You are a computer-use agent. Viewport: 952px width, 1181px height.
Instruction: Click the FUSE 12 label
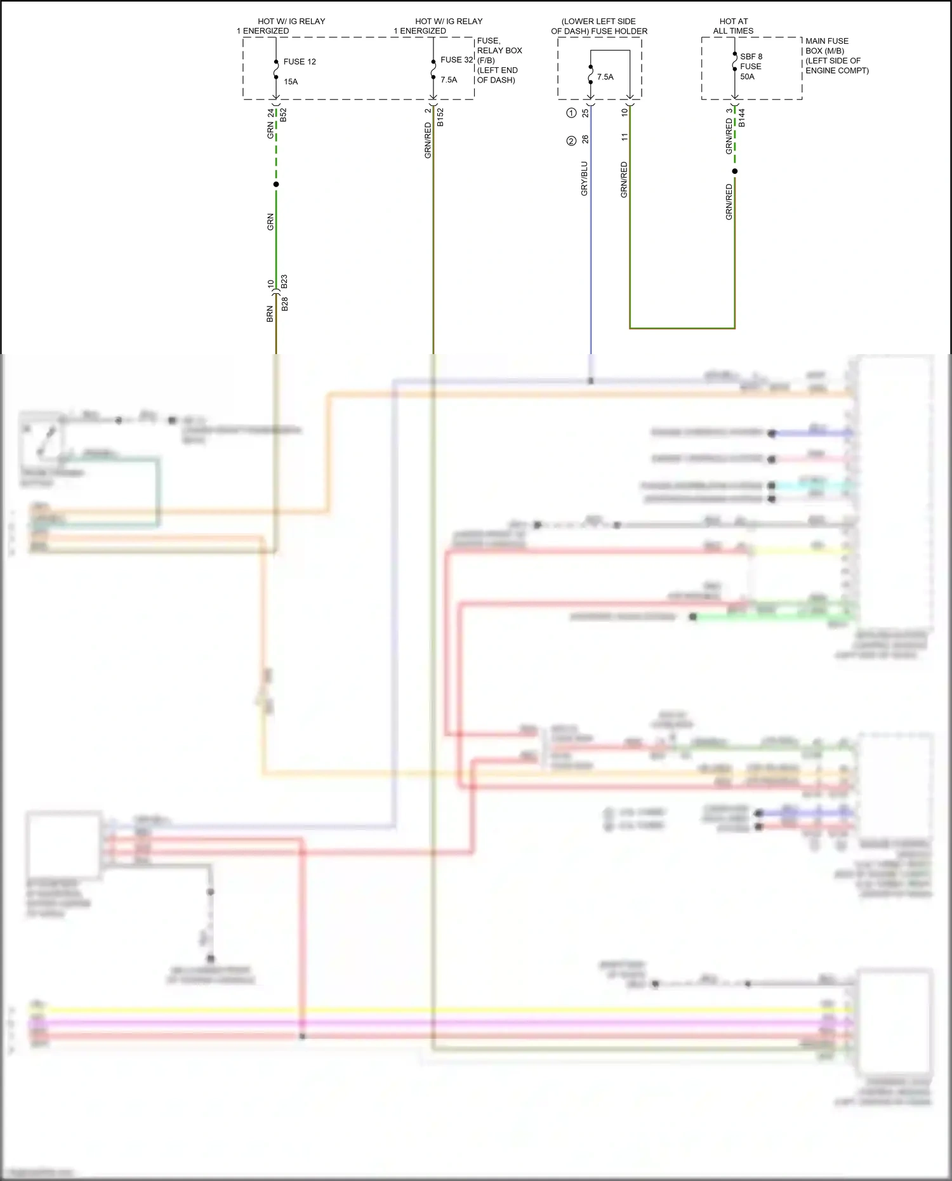(x=299, y=62)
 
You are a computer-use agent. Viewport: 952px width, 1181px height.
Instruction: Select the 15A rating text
(x=291, y=82)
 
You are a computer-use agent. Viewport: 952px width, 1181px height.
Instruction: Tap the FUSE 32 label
(x=456, y=60)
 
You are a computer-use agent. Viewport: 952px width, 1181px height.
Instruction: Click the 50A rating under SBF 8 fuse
(x=747, y=77)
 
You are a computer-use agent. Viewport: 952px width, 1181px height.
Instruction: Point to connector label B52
(x=284, y=115)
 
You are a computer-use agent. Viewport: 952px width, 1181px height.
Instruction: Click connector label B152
(x=440, y=117)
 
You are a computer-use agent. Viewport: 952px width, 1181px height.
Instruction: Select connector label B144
(x=741, y=117)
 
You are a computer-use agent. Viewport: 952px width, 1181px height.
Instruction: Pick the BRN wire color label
(x=270, y=314)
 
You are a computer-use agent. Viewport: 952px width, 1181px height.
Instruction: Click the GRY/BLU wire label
(x=584, y=178)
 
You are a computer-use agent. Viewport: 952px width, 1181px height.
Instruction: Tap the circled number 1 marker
(x=571, y=113)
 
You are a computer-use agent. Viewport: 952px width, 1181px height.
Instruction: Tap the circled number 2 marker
(x=571, y=141)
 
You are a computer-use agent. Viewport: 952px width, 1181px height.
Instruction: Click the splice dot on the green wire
(x=276, y=185)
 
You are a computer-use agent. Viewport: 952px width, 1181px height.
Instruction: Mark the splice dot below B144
(x=735, y=171)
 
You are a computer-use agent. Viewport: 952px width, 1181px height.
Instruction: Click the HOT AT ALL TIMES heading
(x=733, y=26)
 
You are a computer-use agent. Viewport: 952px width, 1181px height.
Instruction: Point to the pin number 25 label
(x=585, y=113)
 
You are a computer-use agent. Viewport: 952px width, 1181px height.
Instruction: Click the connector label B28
(x=284, y=304)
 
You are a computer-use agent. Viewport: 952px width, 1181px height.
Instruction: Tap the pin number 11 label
(x=625, y=136)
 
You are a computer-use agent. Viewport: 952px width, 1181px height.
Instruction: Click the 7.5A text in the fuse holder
(x=605, y=77)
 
